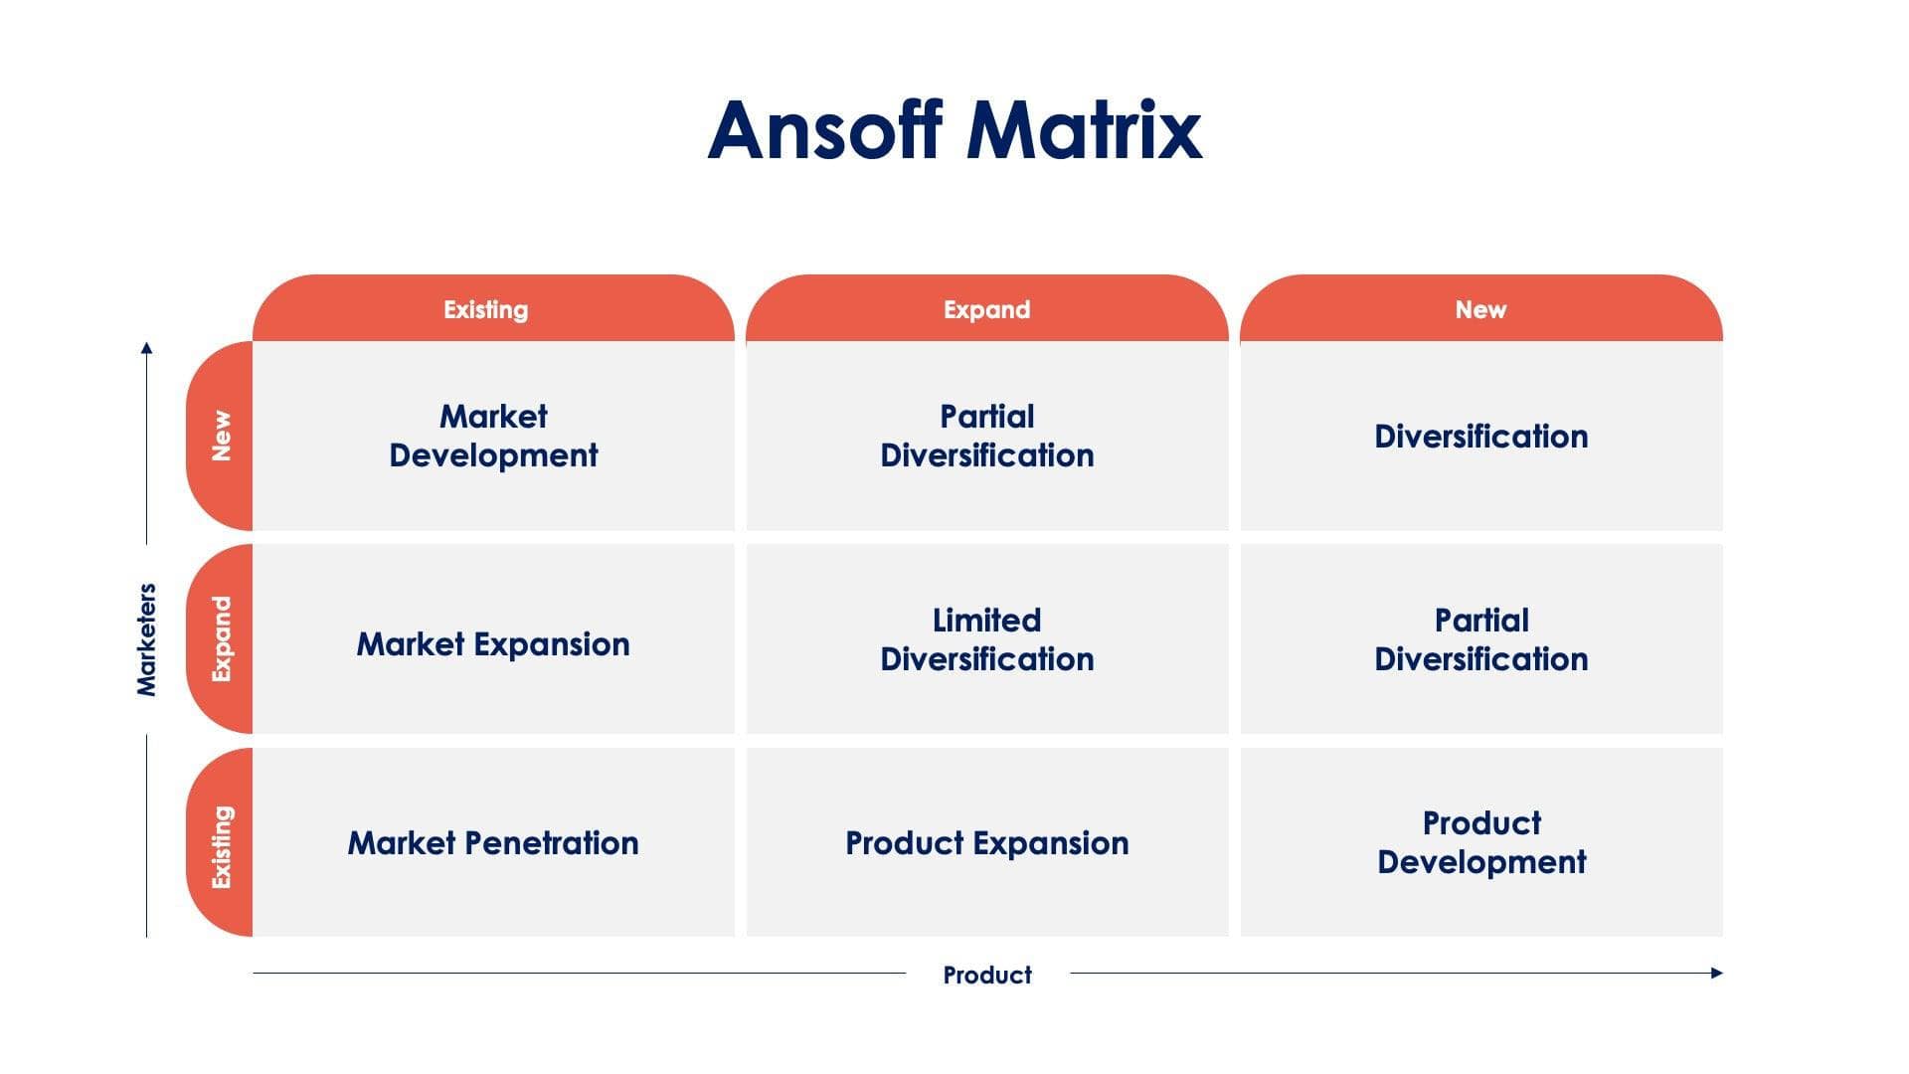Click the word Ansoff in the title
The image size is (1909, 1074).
click(x=824, y=130)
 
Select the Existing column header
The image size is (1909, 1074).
click(x=486, y=309)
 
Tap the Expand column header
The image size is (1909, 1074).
click(x=986, y=309)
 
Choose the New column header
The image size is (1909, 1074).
click(x=1480, y=309)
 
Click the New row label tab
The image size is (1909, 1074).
click(x=221, y=436)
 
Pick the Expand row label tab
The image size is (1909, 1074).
click(x=221, y=638)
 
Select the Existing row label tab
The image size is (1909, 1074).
click(x=221, y=845)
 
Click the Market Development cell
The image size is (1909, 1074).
click(x=493, y=436)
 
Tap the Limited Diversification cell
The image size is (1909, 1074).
click(x=986, y=639)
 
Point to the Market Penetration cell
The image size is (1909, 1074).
click(x=493, y=843)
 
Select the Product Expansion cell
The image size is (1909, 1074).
click(x=986, y=843)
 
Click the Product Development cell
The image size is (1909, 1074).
click(x=1480, y=842)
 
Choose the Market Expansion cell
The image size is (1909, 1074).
click(x=493, y=644)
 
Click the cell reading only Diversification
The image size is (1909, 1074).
click(x=1480, y=437)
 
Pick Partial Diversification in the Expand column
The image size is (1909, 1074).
click(x=986, y=436)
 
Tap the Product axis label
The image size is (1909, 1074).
click(x=986, y=975)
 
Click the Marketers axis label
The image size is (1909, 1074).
click(x=146, y=639)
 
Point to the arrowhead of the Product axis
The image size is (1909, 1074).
click(x=1717, y=973)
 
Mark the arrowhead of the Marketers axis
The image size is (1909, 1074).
click(x=146, y=347)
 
